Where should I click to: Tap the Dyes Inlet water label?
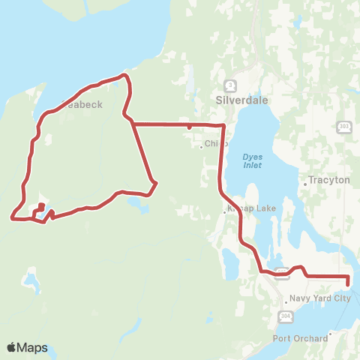click(252, 160)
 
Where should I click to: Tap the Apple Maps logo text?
click(27, 348)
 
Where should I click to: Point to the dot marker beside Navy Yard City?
click(285, 298)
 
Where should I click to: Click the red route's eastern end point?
click(349, 280)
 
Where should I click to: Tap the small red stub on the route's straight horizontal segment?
click(188, 128)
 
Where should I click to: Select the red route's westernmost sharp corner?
click(12, 218)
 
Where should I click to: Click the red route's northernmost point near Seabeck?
click(124, 74)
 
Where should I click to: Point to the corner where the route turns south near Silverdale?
click(223, 125)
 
